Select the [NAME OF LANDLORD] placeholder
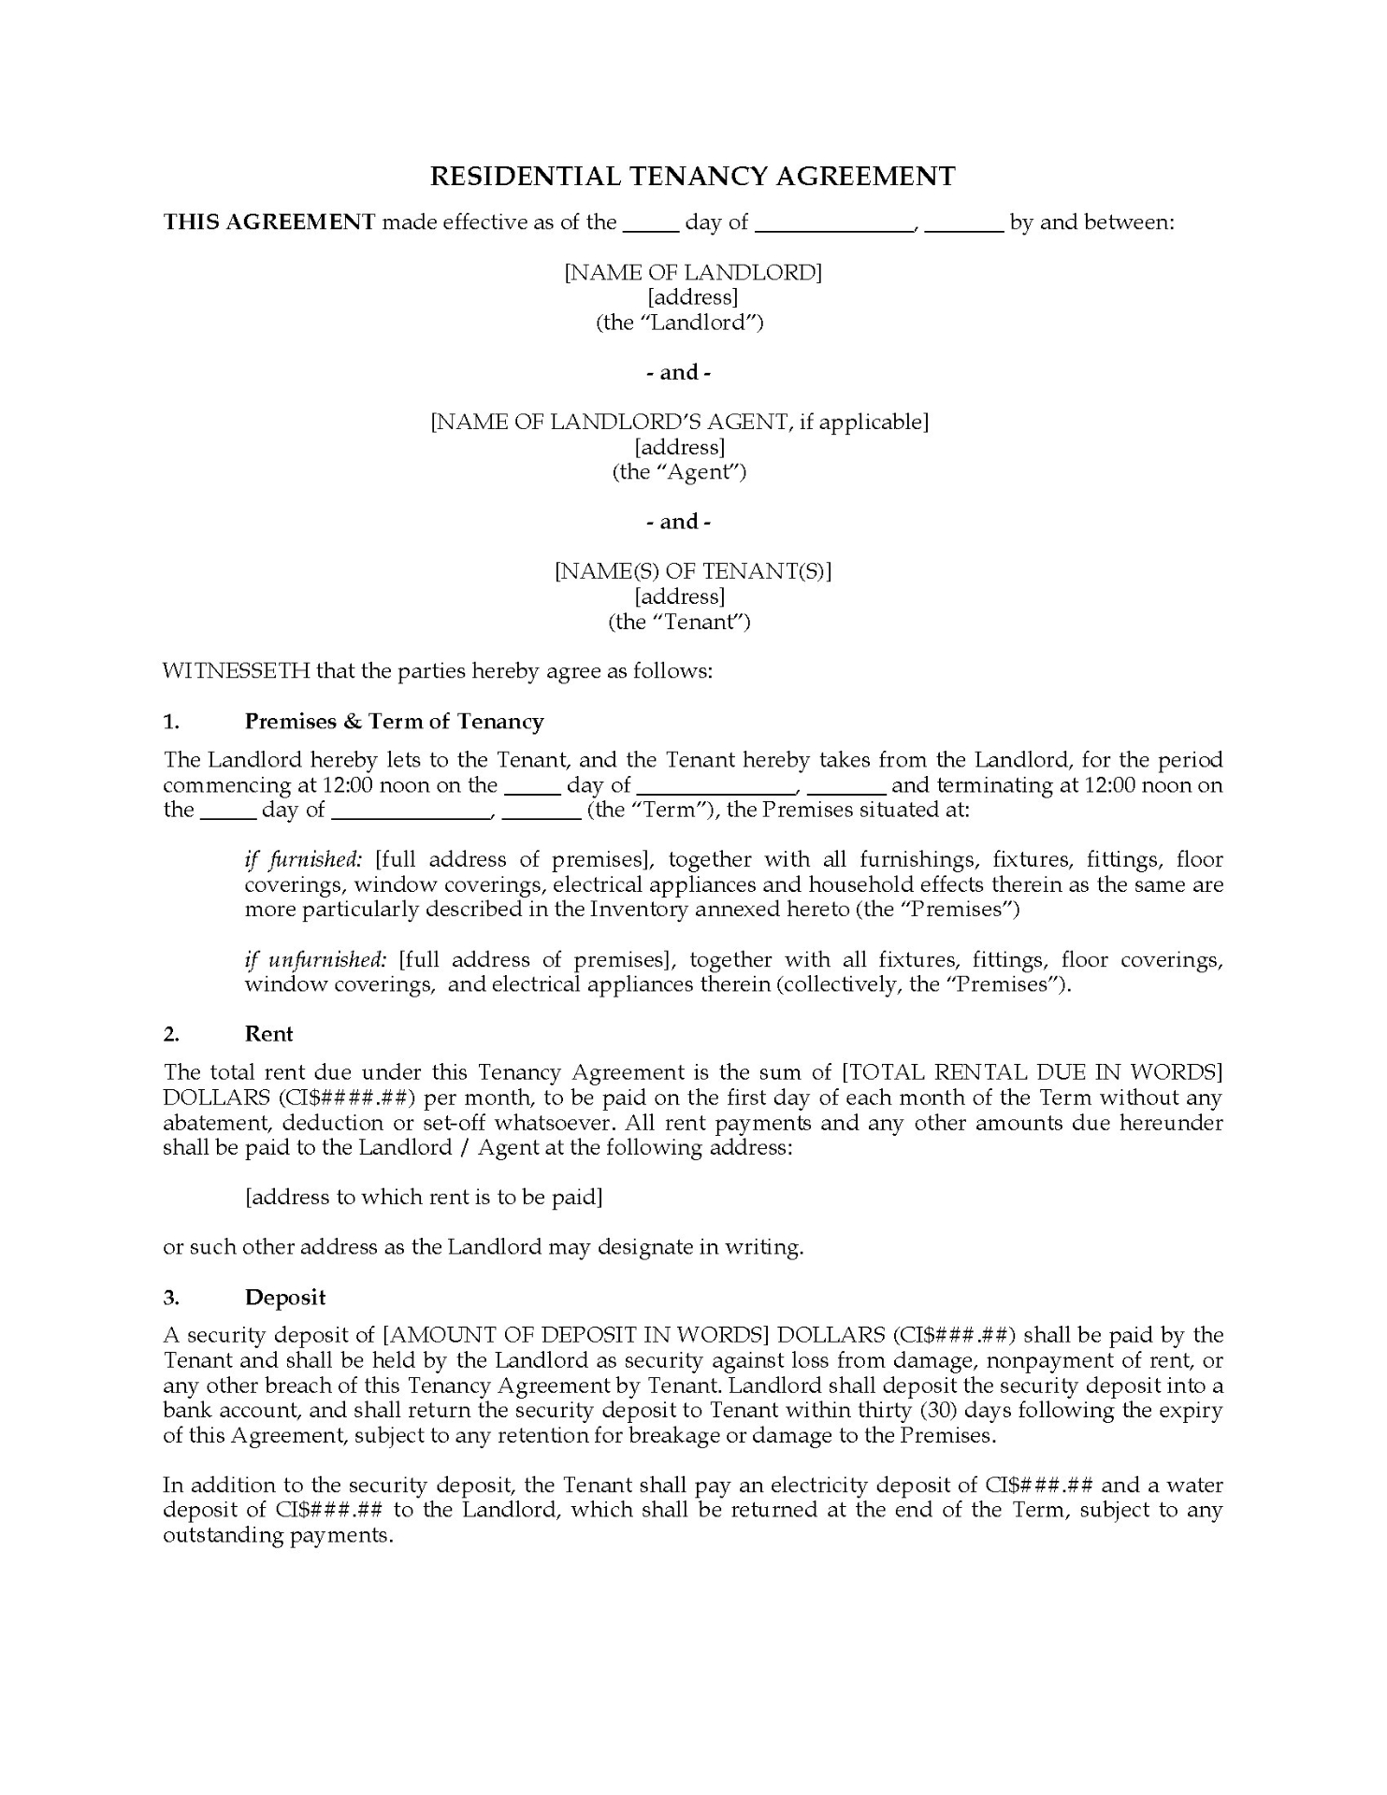click(x=692, y=272)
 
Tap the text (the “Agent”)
click(x=679, y=472)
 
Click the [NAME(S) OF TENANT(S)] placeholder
click(x=692, y=571)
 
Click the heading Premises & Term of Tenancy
click(x=394, y=722)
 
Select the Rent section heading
click(x=268, y=1034)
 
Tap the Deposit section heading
click(x=285, y=1298)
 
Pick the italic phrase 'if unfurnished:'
click(x=315, y=960)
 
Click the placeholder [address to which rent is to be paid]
click(x=423, y=1198)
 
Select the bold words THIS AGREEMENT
click(x=269, y=223)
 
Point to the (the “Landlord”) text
click(x=680, y=323)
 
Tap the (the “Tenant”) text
click(x=679, y=622)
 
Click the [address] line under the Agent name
click(x=680, y=447)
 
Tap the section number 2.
click(x=171, y=1034)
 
